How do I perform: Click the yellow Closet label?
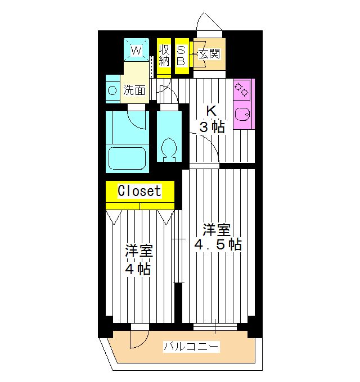(139, 191)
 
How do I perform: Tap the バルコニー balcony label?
(191, 346)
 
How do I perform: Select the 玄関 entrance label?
(209, 54)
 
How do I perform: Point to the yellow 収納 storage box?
(164, 54)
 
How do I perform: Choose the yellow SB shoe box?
(181, 54)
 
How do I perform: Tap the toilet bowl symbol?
(168, 148)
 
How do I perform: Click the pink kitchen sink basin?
(243, 113)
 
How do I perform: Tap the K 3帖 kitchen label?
(211, 119)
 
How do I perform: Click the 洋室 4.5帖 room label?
(217, 237)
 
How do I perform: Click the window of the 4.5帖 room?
(215, 326)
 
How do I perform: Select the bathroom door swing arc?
(137, 117)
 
